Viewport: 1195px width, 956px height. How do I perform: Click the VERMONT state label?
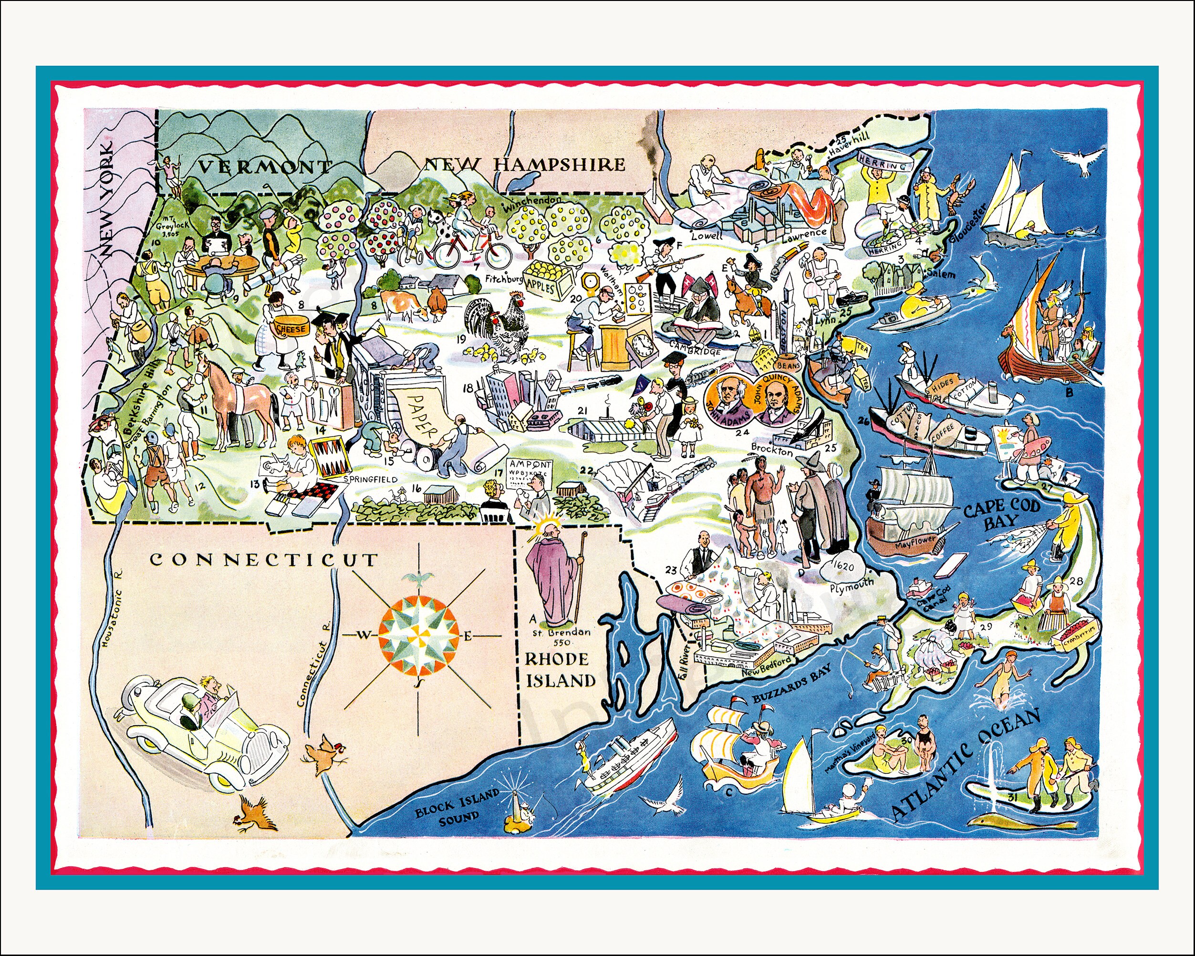point(264,165)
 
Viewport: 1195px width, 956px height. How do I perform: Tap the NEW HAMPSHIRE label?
point(524,164)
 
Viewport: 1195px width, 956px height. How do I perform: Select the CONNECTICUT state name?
point(263,559)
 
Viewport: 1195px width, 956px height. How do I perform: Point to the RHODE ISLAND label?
point(560,670)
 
